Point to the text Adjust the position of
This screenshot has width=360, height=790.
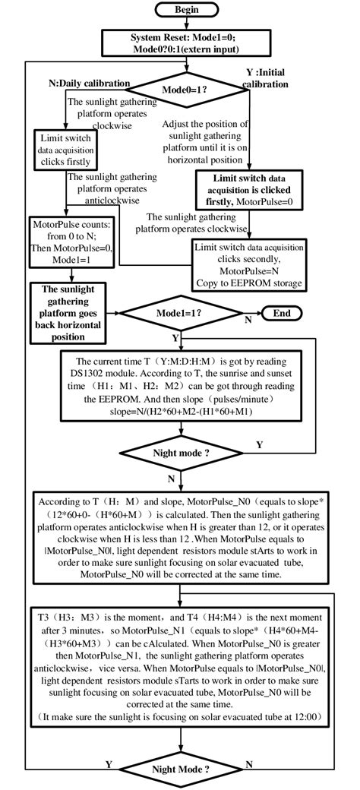point(207,123)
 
